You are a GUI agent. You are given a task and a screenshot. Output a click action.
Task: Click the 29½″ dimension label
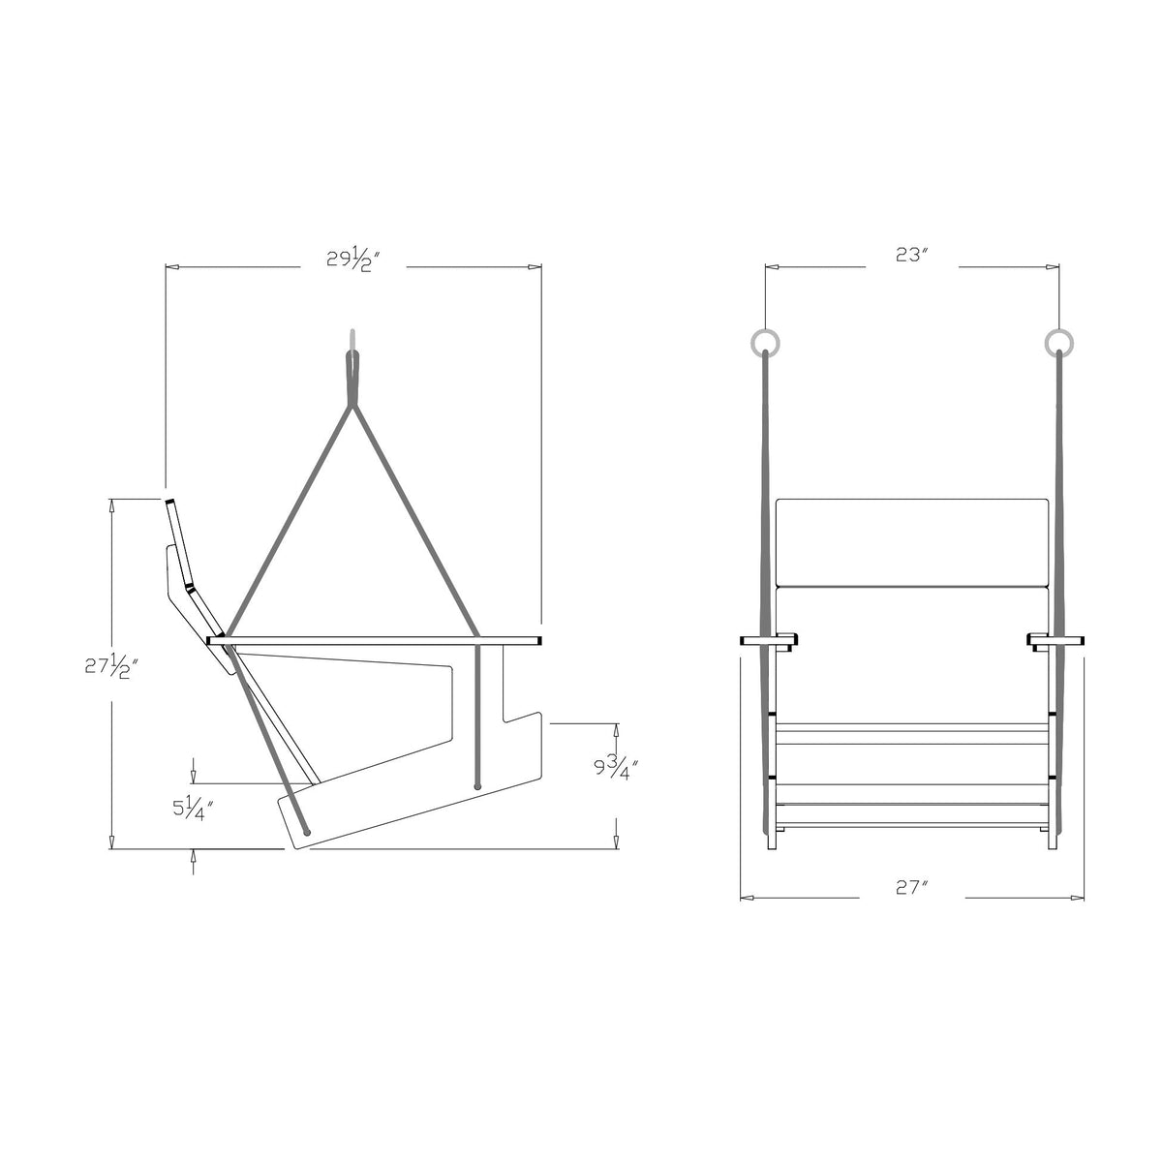coord(353,260)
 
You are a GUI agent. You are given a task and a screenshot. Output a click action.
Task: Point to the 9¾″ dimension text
coord(616,768)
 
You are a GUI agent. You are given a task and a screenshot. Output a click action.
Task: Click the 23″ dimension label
coord(910,255)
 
